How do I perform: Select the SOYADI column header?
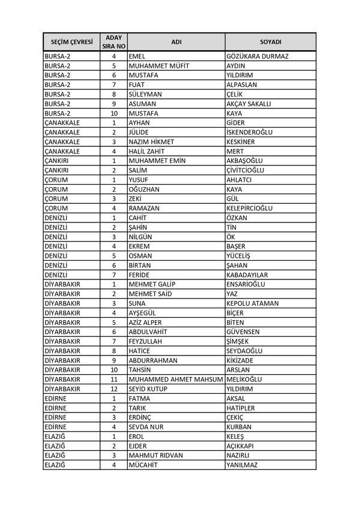pyautogui.click(x=271, y=42)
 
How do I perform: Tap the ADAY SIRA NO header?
pyautogui.click(x=113, y=42)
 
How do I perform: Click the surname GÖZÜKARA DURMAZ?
pyautogui.click(x=258, y=56)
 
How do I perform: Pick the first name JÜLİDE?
pyautogui.click(x=139, y=132)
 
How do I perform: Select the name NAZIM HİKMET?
pyautogui.click(x=151, y=141)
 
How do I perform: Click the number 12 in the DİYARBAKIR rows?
pyautogui.click(x=113, y=388)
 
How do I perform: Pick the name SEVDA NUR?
pyautogui.click(x=146, y=426)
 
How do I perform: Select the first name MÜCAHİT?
pyautogui.click(x=143, y=464)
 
